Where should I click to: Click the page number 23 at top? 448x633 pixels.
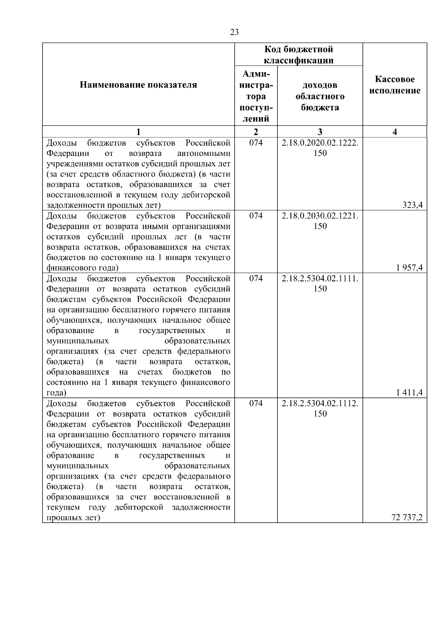234,32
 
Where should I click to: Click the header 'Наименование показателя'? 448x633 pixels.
138,85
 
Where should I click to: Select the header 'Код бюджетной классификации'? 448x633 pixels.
299,55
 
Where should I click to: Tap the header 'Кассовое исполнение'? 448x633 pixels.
395,85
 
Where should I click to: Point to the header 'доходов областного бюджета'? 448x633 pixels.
320,96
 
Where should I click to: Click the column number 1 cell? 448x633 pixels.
138,132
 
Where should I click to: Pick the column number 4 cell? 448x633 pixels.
395,132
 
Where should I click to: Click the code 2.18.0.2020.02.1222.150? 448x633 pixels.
320,148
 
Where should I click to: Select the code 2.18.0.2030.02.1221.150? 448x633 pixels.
320,221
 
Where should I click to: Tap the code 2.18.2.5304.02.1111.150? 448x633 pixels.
320,283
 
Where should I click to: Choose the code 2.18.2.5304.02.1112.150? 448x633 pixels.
320,408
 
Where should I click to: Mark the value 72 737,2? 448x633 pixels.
407,517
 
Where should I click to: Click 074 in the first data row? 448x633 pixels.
256,143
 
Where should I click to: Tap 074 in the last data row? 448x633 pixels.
256,403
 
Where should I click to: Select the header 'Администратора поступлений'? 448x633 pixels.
256,96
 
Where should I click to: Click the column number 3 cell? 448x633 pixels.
320,132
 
